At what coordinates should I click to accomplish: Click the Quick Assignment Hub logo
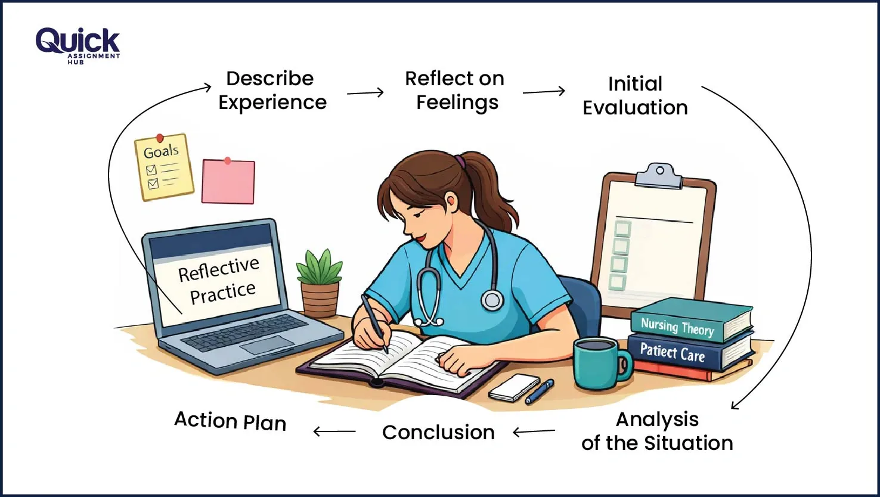coord(78,45)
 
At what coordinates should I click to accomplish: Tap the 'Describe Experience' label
coord(272,91)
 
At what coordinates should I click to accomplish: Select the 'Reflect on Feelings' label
coord(455,91)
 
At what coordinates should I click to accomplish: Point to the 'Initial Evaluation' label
coord(635,96)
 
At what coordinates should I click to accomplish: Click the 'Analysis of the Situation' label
coord(657,431)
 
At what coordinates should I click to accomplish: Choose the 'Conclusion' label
coord(438,433)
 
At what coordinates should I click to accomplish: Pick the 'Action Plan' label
coord(230,421)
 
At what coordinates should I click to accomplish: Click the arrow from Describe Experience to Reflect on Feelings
coord(365,92)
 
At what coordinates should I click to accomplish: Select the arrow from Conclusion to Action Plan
coord(334,431)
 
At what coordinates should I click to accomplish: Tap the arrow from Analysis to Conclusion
coord(534,431)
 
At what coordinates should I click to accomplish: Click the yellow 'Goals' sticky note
coord(164,166)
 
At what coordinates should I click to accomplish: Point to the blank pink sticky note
coord(228,182)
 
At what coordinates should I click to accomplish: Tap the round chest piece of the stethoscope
coord(492,300)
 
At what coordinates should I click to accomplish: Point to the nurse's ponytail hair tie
coord(460,161)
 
